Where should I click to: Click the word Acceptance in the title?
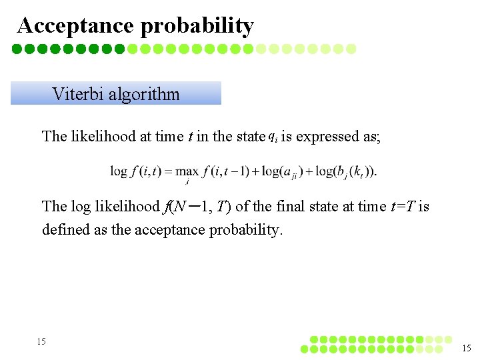76,25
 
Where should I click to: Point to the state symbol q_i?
273,137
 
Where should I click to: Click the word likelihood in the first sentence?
103,137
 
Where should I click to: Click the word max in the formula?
186,172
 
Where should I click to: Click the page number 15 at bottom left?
41,341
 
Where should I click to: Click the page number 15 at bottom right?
467,347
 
